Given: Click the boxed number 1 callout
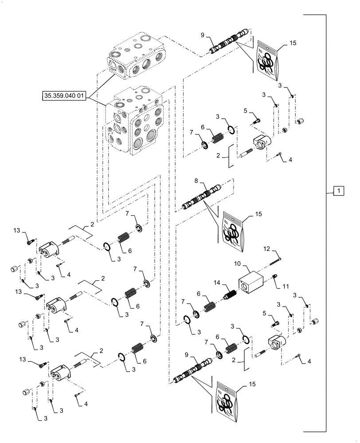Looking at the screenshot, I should [337, 191].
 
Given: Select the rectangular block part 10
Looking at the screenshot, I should [251, 282].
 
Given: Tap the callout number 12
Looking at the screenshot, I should [267, 249].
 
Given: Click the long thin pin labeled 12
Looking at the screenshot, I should [275, 261].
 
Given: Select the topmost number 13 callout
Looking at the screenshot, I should [17, 230].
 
